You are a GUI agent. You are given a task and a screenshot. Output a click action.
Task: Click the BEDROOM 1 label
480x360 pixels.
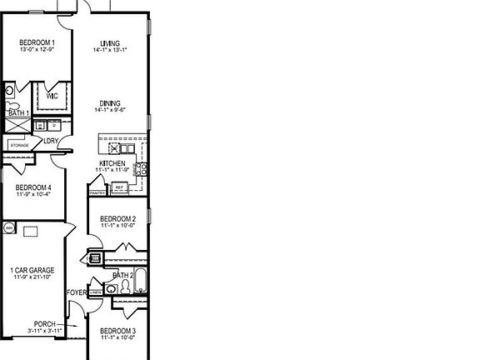click(37, 42)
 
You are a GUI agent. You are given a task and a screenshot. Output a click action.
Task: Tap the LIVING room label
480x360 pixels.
click(110, 43)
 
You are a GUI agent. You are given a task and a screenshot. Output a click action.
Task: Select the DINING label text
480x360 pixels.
click(110, 103)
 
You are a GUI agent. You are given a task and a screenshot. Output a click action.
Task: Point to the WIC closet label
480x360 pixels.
click(51, 95)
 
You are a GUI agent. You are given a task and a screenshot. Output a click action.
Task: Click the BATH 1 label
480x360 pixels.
click(18, 112)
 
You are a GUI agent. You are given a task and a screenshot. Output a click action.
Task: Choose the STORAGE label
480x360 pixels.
click(19, 145)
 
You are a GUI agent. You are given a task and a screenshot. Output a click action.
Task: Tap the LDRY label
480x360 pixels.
click(52, 141)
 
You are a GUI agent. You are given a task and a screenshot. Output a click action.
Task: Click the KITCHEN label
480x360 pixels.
click(112, 162)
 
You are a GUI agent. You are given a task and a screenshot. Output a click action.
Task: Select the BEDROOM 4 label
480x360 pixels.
click(33, 187)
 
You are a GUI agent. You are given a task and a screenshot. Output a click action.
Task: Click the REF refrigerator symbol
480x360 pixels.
click(119, 187)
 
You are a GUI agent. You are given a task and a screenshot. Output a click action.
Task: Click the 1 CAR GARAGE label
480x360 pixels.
click(33, 270)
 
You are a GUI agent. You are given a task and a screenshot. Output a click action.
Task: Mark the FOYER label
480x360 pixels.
click(77, 292)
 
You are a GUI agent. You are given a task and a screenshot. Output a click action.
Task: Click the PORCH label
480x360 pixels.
click(45, 323)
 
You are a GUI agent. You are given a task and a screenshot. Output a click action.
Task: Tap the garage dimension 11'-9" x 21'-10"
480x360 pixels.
click(33, 277)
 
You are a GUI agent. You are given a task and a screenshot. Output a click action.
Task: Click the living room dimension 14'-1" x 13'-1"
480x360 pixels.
click(110, 51)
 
